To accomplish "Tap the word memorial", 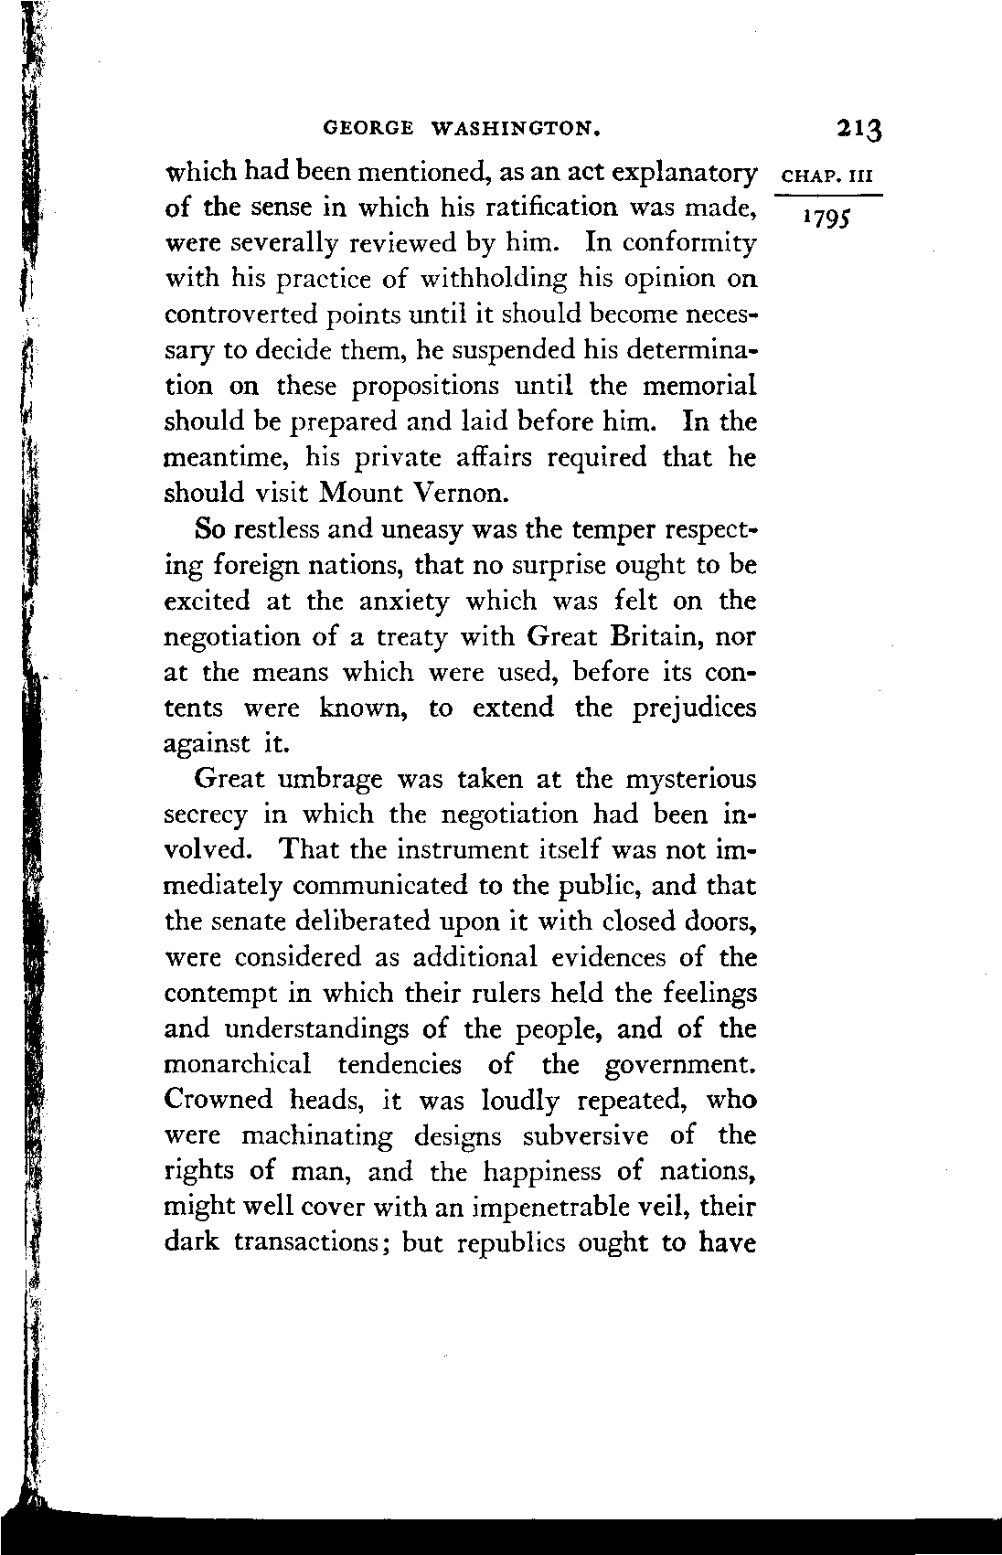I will [700, 386].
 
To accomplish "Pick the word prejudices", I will [695, 708].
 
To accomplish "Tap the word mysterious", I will [690, 780].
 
